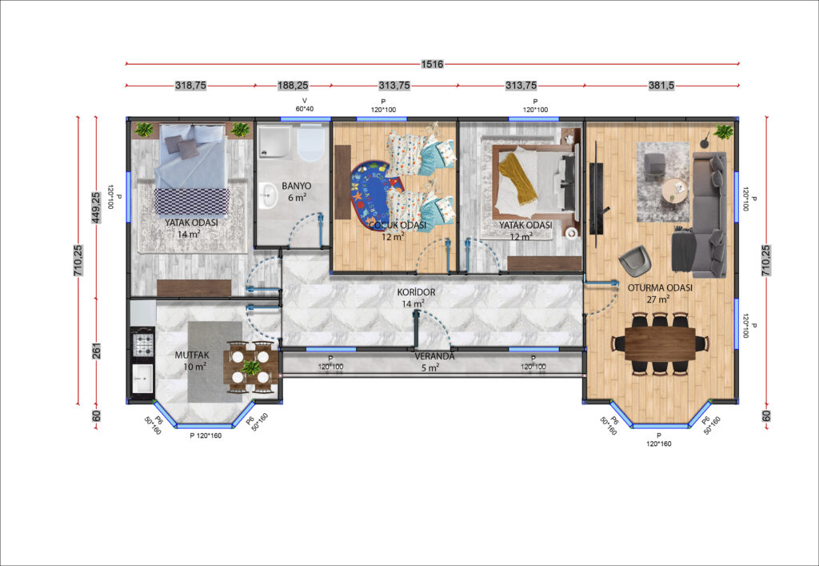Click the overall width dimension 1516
pos(432,64)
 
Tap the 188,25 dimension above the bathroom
pos(293,85)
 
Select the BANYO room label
pos(296,186)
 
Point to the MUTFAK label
pos(192,355)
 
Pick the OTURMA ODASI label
pos(660,288)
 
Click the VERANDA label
pos(434,356)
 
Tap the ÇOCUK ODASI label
pos(397,225)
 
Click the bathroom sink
pos(269,195)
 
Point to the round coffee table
pos(675,190)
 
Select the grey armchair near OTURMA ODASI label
pos(636,260)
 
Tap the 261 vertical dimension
pos(96,351)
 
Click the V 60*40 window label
pos(305,105)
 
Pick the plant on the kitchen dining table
pos(250,367)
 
